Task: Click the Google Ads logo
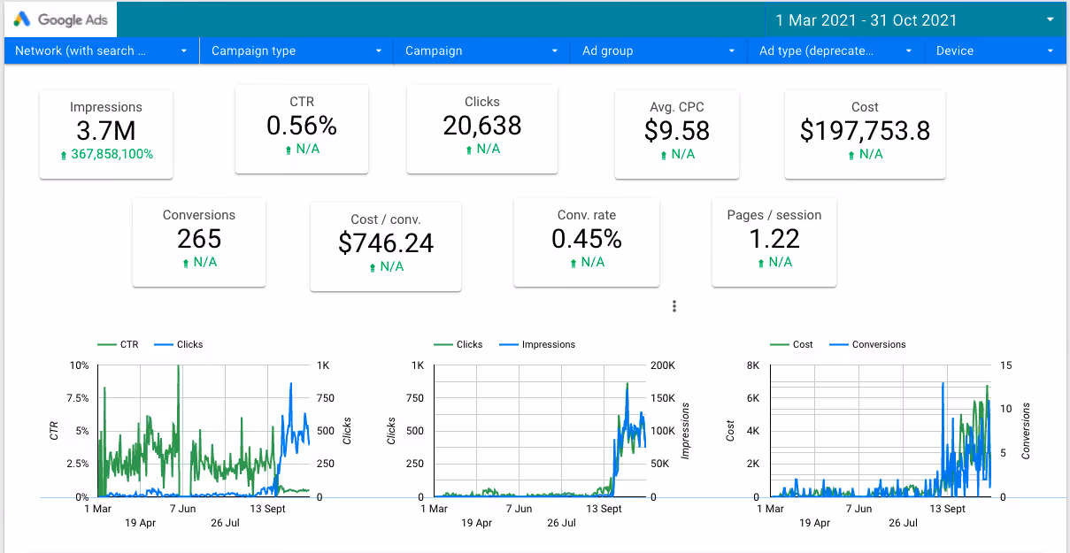(60, 19)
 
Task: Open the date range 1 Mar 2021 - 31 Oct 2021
(866, 20)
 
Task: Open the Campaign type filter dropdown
(296, 50)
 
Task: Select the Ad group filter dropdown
(658, 50)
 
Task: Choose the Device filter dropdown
(995, 50)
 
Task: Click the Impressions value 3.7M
(106, 131)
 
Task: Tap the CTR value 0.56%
(302, 126)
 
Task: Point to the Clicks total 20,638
(482, 126)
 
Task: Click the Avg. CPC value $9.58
(677, 131)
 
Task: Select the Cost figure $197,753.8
(865, 131)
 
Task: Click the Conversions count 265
(199, 239)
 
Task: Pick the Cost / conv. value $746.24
(386, 243)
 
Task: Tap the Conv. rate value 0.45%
(587, 239)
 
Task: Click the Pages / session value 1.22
(774, 239)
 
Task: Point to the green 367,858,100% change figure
(112, 154)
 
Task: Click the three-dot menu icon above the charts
(674, 306)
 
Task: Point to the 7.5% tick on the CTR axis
(78, 398)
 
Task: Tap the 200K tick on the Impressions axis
(663, 365)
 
